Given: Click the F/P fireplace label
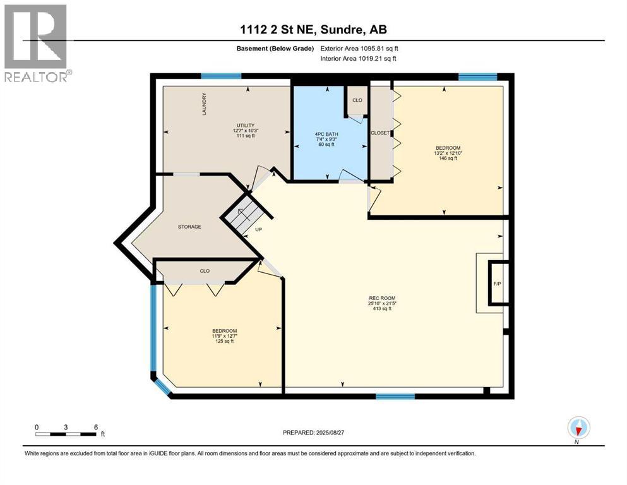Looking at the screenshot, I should (497, 284).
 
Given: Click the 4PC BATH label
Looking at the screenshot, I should (325, 134).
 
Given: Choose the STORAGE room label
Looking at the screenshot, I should (189, 227).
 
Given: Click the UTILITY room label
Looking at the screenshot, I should (245, 126).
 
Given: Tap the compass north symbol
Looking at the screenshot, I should (577, 428).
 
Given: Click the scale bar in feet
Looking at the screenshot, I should (66, 434).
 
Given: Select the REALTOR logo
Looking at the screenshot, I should (37, 42).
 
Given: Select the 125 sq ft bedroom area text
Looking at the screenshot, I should (224, 342).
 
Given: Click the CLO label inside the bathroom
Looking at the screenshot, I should (357, 100).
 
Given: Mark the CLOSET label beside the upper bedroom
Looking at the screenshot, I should (380, 133).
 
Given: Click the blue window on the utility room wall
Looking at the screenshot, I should (221, 76).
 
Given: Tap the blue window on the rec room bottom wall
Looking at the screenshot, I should (395, 397).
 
